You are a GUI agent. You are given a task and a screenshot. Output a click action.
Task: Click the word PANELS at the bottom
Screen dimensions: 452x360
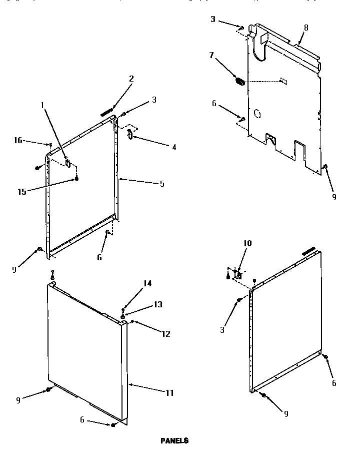click(x=174, y=441)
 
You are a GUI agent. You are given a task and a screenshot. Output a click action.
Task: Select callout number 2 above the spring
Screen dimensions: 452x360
click(x=131, y=79)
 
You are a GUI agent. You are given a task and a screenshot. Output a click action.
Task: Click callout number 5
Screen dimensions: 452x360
click(x=161, y=184)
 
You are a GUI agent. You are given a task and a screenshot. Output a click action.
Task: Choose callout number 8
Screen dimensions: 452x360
click(x=306, y=28)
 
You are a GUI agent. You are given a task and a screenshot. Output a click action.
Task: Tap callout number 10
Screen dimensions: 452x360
click(x=247, y=244)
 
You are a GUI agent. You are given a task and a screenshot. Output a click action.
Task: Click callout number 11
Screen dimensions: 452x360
click(x=169, y=393)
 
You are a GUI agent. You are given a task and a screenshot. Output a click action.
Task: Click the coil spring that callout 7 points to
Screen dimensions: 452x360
click(x=240, y=81)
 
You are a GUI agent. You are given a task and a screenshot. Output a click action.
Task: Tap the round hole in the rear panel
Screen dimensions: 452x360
click(x=257, y=114)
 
